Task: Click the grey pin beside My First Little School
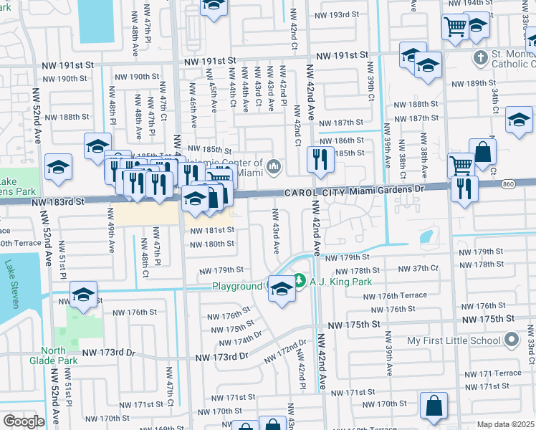click(x=510, y=338)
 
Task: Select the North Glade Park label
click(x=64, y=356)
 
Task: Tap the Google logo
click(x=24, y=421)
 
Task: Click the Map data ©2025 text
click(x=505, y=424)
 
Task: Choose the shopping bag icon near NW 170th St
click(x=434, y=405)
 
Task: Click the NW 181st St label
click(x=211, y=230)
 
